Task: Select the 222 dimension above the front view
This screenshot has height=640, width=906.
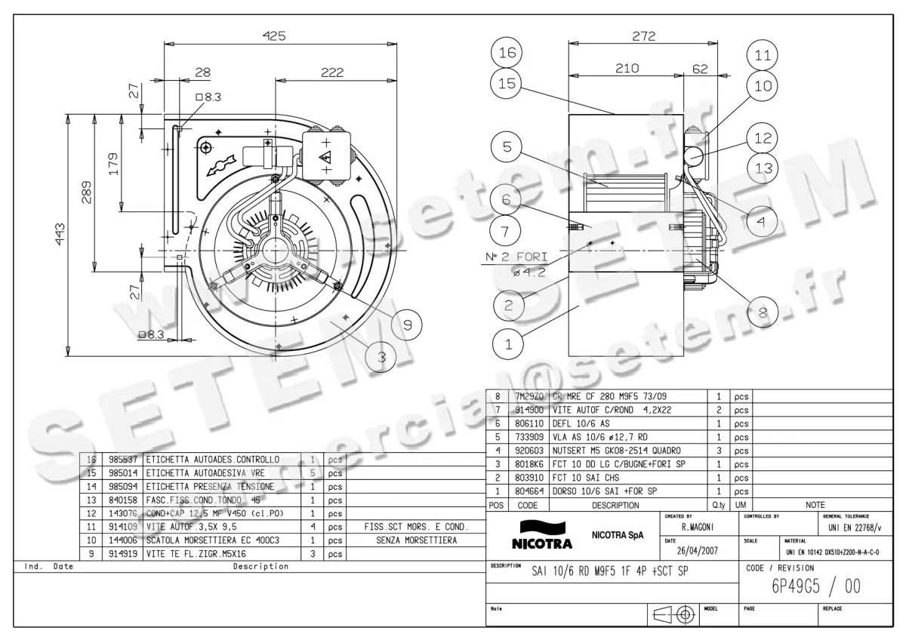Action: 331,72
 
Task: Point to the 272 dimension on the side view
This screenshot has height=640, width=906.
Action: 643,35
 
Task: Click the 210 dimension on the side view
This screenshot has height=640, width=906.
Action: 626,68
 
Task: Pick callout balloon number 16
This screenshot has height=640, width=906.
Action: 507,53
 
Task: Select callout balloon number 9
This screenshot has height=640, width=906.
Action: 407,325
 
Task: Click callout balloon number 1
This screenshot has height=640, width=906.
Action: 507,344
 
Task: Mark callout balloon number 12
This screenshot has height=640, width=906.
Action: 763,137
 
